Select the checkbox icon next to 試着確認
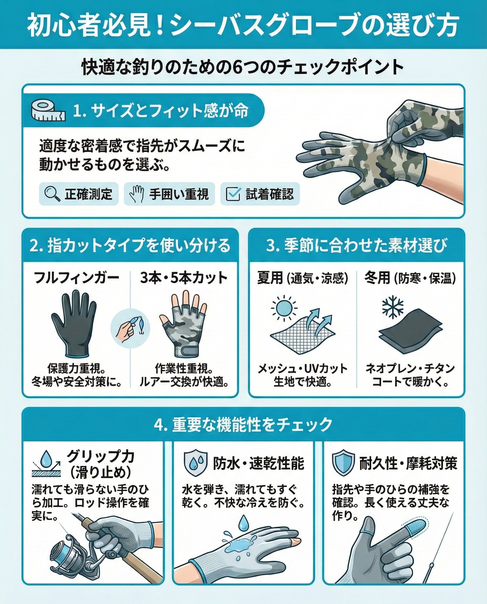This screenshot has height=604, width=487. tap(233, 194)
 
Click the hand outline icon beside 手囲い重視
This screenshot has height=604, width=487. tap(137, 194)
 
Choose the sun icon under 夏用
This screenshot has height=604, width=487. tap(284, 308)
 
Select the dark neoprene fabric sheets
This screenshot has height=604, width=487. tap(411, 331)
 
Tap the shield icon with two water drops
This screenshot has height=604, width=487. tap(195, 463)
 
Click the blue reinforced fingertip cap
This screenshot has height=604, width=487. tap(414, 526)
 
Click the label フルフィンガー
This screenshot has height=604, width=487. tap(77, 278)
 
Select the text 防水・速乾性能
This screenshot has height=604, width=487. tap(258, 463)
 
